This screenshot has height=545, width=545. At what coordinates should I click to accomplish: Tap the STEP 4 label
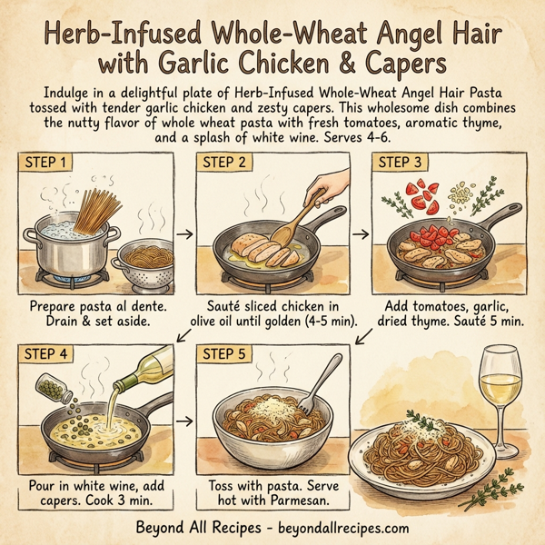click(50, 353)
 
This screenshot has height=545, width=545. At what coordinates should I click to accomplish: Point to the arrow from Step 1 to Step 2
click(186, 233)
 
